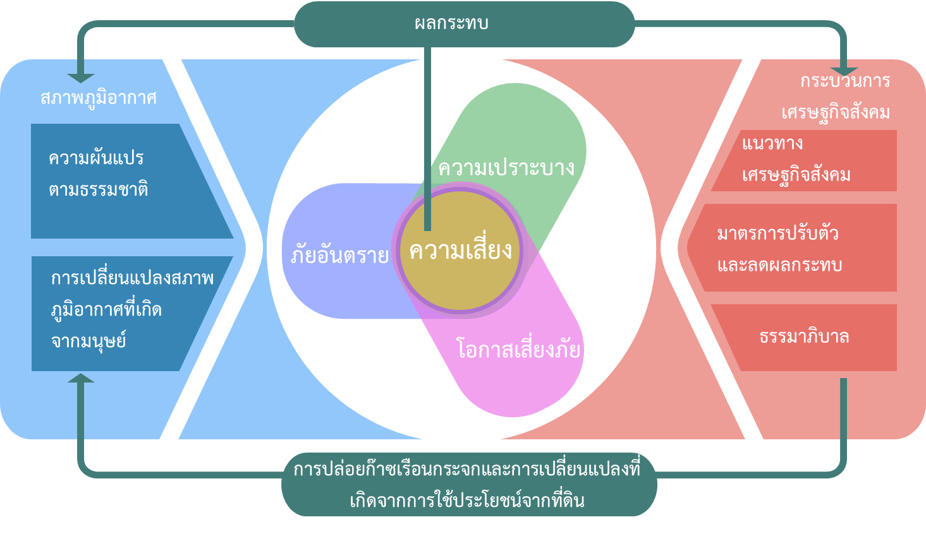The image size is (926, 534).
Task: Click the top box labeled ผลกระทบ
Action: pyautogui.click(x=464, y=24)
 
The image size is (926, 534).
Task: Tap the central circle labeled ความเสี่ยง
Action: pyautogui.click(x=460, y=251)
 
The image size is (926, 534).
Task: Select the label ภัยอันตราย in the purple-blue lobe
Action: pyautogui.click(x=340, y=254)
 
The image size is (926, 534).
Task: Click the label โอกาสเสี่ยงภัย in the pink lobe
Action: pyautogui.click(x=518, y=348)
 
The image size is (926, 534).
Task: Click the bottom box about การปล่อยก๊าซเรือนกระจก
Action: pyautogui.click(x=469, y=485)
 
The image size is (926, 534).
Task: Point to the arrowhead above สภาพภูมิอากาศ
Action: pyautogui.click(x=81, y=78)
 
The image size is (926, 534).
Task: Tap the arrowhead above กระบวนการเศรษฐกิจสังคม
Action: pyautogui.click(x=844, y=72)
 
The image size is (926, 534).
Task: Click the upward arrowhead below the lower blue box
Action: pyautogui.click(x=81, y=378)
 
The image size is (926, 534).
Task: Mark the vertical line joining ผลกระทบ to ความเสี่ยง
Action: pyautogui.click(x=427, y=139)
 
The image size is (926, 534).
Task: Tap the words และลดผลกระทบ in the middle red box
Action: pyautogui.click(x=779, y=265)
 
